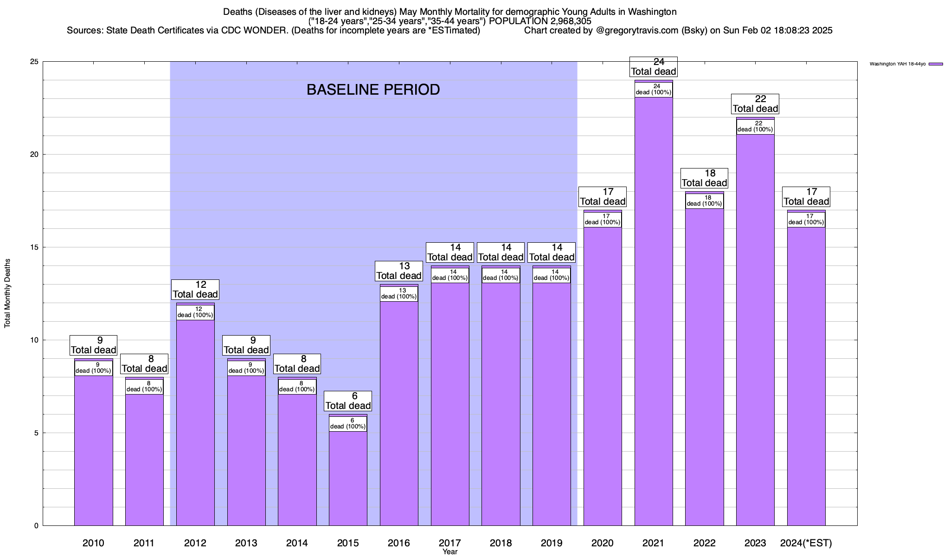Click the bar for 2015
coord(348,478)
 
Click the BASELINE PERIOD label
coord(373,90)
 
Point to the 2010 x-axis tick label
coord(93,543)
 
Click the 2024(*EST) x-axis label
coord(806,543)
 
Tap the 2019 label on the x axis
coord(552,543)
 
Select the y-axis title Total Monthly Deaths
coord(7,293)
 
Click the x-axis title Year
coord(449,552)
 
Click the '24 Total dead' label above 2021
coord(654,67)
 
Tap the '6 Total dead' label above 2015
coord(348,401)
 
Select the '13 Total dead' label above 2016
coord(399,271)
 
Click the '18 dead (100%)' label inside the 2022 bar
coord(704,201)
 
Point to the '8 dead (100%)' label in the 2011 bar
coord(144,387)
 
